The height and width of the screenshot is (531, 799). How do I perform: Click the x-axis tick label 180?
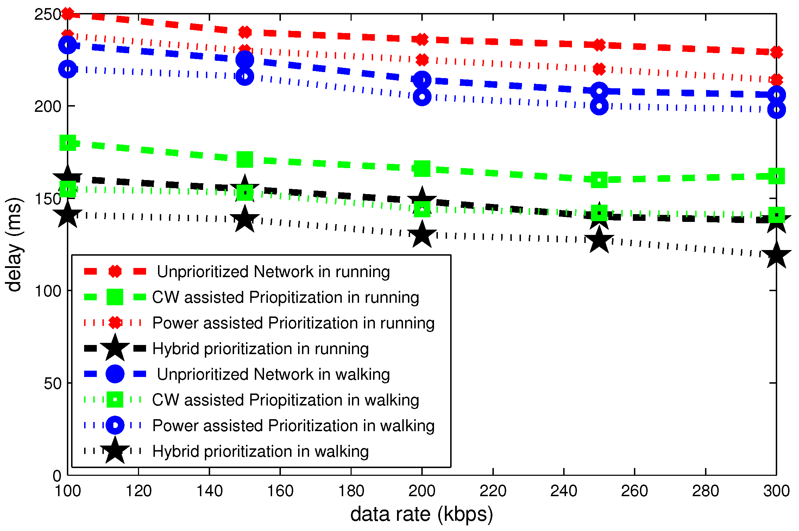(x=351, y=491)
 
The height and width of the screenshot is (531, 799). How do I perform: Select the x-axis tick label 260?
(x=634, y=491)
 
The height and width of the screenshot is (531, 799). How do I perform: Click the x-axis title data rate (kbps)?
(x=421, y=514)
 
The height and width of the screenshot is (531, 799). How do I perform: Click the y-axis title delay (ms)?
(x=14, y=244)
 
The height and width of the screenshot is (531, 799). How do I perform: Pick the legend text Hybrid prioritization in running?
(x=260, y=349)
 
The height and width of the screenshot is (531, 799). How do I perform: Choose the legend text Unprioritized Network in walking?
(x=273, y=375)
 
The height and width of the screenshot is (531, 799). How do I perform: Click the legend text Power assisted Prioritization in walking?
(x=293, y=426)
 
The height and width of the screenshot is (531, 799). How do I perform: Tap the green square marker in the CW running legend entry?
(x=115, y=297)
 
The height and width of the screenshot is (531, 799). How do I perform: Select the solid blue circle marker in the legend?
(x=115, y=374)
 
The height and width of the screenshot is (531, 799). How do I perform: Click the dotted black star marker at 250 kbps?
(x=599, y=240)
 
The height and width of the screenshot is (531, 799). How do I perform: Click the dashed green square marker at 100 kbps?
(x=68, y=142)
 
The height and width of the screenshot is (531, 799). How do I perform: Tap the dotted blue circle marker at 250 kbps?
(x=599, y=105)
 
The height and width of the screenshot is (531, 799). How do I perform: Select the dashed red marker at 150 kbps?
(x=245, y=32)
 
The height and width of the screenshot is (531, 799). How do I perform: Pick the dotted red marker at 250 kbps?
(x=599, y=69)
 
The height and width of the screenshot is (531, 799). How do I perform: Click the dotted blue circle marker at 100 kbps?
(x=68, y=69)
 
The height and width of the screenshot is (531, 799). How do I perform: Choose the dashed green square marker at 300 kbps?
(x=776, y=176)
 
